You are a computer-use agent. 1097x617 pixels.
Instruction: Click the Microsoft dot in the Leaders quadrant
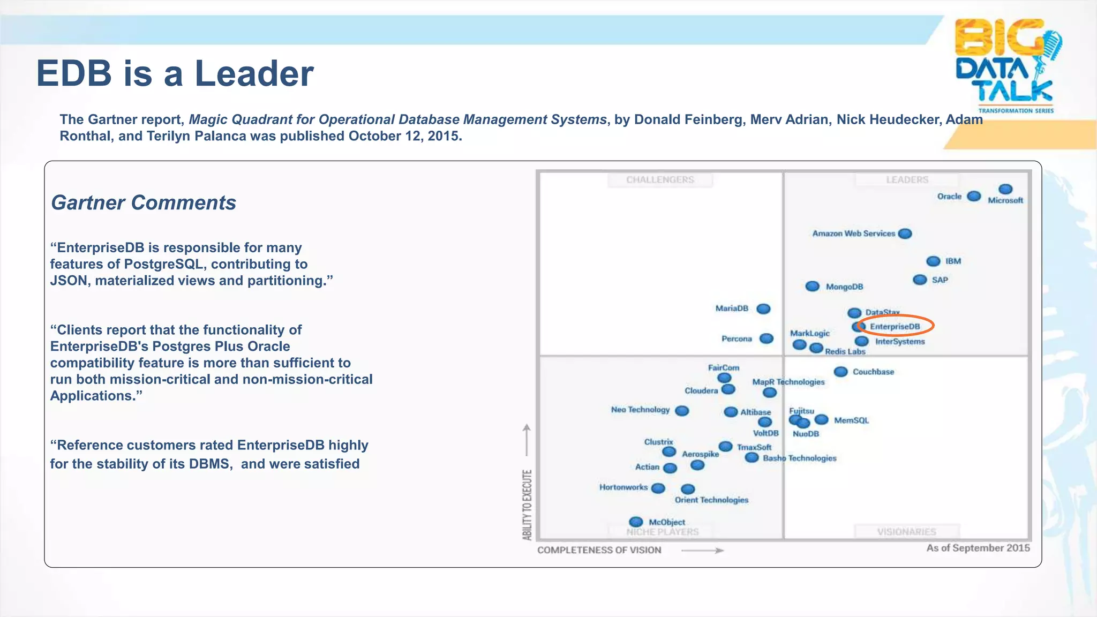[1005, 189]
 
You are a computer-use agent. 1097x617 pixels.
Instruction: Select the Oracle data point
[974, 197]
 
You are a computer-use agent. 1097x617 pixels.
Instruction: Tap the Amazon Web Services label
[853, 234]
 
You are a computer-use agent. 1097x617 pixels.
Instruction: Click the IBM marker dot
[933, 261]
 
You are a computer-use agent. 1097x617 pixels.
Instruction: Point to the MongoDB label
[844, 287]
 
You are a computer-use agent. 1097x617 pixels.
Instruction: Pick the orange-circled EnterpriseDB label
[895, 326]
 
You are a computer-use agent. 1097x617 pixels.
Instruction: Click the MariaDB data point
[763, 308]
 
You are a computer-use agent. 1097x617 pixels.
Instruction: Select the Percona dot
[767, 338]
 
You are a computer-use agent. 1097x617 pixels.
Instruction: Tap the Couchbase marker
[840, 372]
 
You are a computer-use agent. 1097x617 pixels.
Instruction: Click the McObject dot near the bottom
[636, 522]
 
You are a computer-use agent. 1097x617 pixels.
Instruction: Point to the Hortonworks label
[623, 487]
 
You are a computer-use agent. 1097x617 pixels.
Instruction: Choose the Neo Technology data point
[682, 411]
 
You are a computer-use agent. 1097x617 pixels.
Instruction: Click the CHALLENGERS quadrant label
[660, 180]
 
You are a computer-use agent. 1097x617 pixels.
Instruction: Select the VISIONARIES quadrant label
[906, 531]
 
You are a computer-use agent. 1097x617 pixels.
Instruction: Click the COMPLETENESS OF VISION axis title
[599, 550]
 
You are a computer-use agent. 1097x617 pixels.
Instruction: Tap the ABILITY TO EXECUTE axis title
[527, 505]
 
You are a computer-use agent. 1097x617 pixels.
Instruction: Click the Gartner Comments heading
[143, 203]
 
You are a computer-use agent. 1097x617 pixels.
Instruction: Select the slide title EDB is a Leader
[175, 73]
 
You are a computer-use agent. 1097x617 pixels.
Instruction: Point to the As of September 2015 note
[978, 548]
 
